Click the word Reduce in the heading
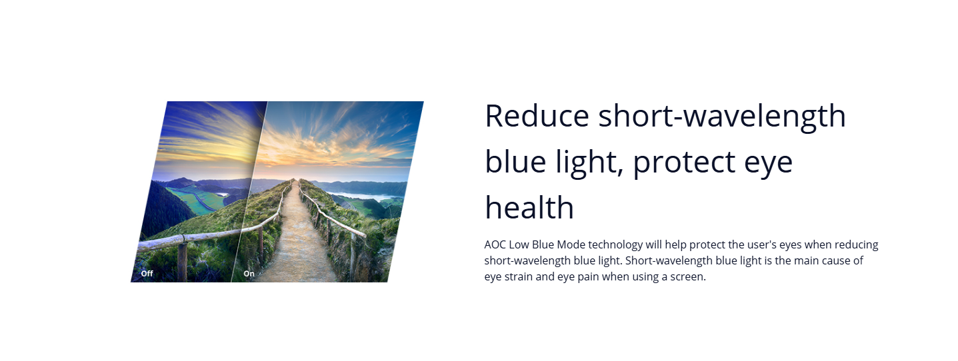point(537,116)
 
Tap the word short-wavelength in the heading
point(722,116)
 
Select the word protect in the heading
point(684,163)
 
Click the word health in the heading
point(529,208)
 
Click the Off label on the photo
point(147,274)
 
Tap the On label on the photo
point(249,274)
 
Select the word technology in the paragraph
point(615,245)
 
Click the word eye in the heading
point(769,165)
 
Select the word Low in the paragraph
point(519,245)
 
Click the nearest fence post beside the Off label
point(182,262)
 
